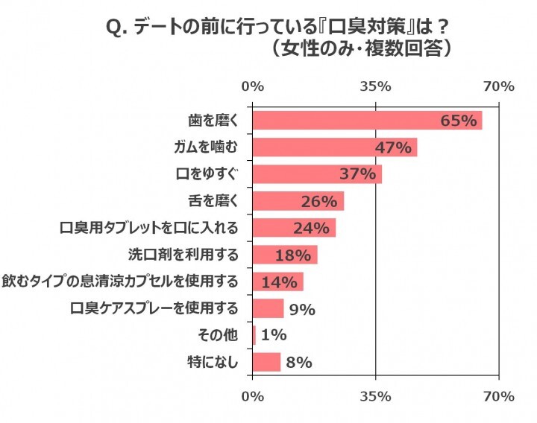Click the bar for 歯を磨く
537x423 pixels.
[x=367, y=121]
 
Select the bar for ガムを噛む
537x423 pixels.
[x=334, y=147]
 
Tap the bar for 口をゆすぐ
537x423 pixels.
[x=317, y=174]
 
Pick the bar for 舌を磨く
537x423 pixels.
[x=298, y=201]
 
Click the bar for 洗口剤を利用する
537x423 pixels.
[x=285, y=255]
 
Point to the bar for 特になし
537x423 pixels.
[x=266, y=363]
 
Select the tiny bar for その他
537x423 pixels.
[x=254, y=336]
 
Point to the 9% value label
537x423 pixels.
[x=301, y=309]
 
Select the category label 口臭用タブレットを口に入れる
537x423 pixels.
[x=149, y=228]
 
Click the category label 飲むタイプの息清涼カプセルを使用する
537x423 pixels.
[x=120, y=282]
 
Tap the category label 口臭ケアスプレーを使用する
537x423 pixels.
[x=154, y=308]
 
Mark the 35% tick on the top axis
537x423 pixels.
[x=376, y=86]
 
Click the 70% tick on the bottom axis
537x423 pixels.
[x=499, y=396]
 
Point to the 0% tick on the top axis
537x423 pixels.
[x=253, y=86]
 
